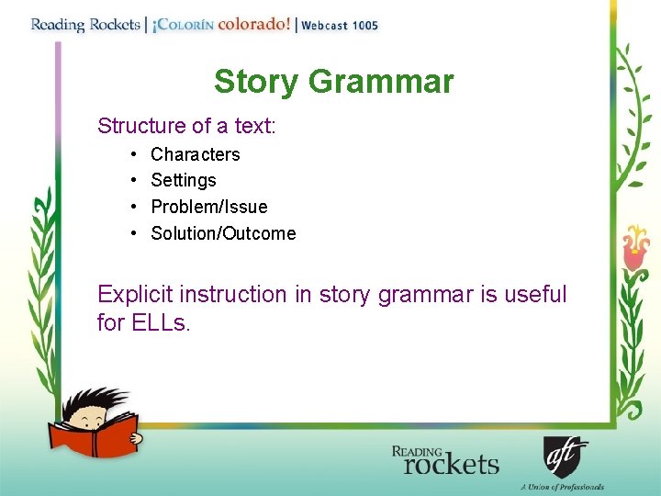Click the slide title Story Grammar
tap(333, 82)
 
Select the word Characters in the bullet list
tap(195, 154)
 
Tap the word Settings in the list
tap(183, 180)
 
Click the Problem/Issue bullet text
tap(208, 207)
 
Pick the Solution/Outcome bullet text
tap(223, 233)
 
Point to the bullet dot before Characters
tap(133, 154)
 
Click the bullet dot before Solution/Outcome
tap(133, 233)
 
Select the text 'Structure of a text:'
tap(186, 125)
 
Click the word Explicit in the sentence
tap(135, 295)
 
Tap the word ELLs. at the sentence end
tap(157, 322)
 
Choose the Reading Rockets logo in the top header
tap(85, 25)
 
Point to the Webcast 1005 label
tap(340, 26)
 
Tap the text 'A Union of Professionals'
tap(561, 487)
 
